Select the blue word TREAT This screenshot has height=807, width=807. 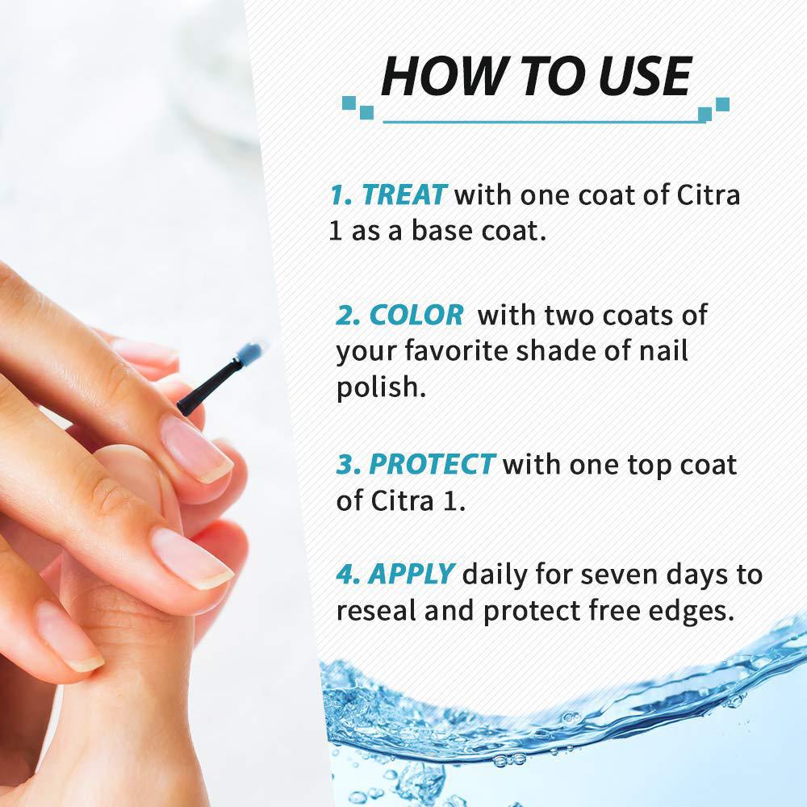click(404, 195)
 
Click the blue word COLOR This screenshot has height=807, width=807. click(416, 315)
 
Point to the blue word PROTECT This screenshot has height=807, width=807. click(431, 464)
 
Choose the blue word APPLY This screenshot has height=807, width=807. click(412, 575)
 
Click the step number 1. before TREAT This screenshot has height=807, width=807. click(341, 195)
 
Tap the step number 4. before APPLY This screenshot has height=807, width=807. click(347, 574)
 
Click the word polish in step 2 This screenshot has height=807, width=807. click(382, 387)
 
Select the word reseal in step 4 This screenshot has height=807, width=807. click(376, 610)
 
